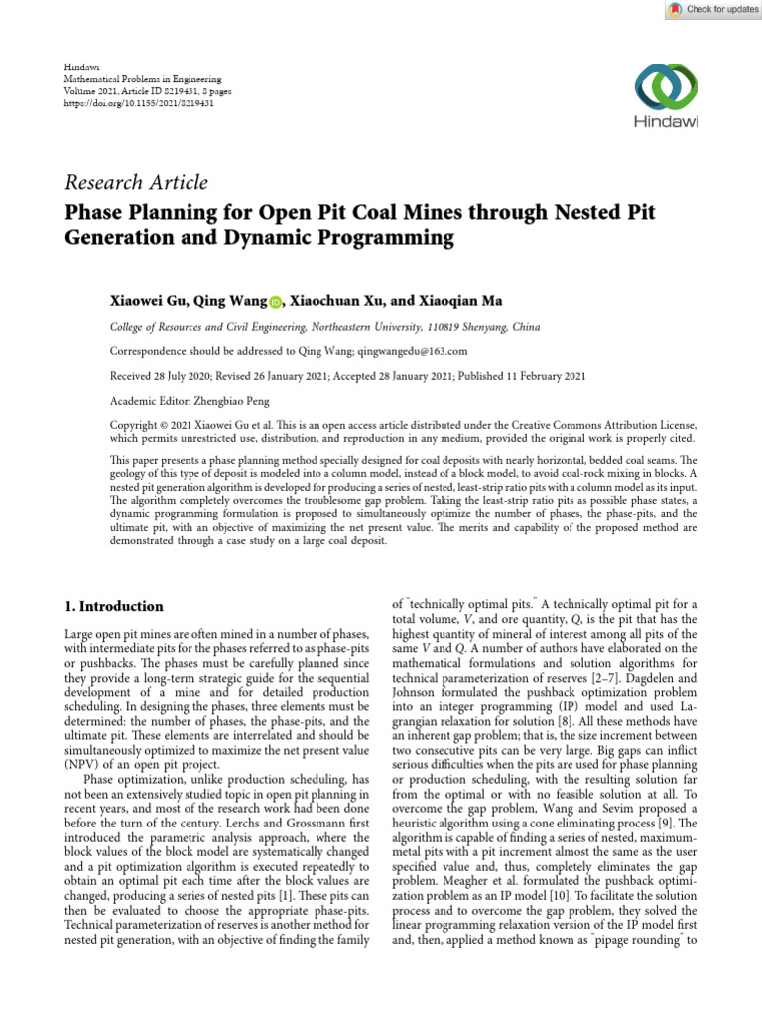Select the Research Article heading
click(x=136, y=182)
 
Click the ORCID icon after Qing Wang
click(x=275, y=299)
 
